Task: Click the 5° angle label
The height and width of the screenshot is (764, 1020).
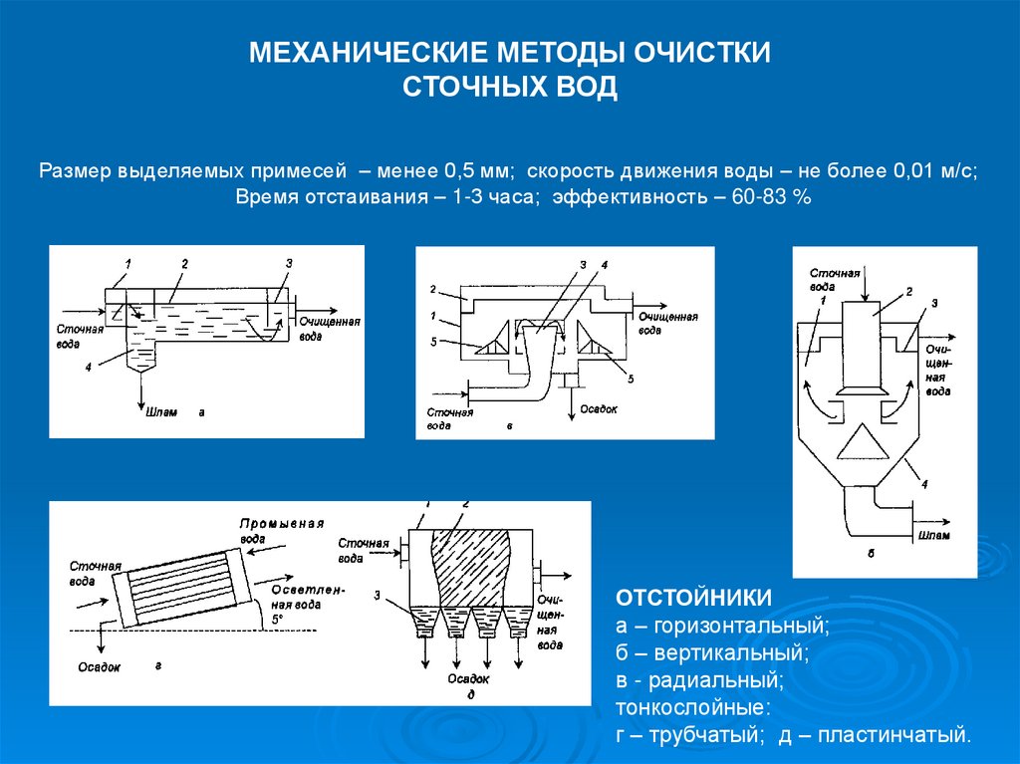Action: click(278, 619)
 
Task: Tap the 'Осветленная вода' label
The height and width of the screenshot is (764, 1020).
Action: click(307, 596)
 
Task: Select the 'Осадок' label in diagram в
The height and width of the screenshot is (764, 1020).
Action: click(600, 407)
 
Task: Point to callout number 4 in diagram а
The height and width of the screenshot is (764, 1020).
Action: click(89, 367)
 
